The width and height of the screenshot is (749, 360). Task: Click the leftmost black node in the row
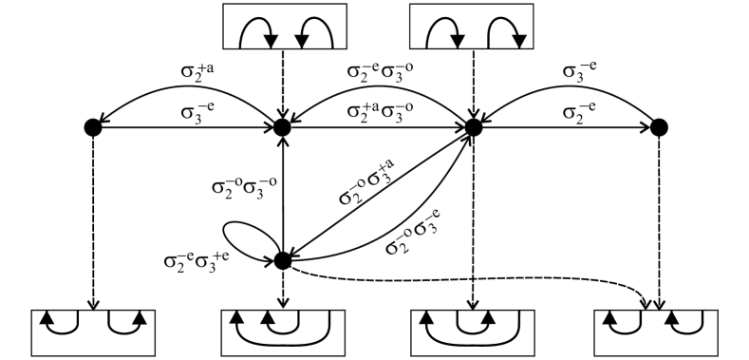92,126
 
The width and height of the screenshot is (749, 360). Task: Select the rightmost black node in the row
659,126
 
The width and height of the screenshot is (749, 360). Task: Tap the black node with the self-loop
282,259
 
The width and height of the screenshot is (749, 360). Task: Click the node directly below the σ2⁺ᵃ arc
282,126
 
